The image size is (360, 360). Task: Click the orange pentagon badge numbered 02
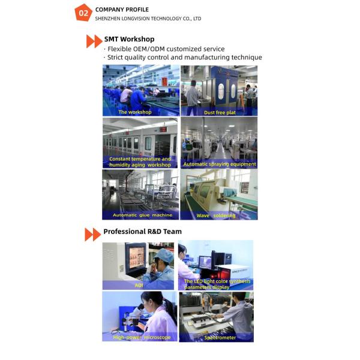[83, 13]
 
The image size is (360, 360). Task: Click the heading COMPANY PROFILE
[122, 10]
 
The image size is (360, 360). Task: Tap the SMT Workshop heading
[129, 39]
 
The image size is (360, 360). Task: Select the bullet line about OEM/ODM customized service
[164, 49]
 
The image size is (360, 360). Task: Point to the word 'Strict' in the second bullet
[117, 57]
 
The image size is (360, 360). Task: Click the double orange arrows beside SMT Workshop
[94, 41]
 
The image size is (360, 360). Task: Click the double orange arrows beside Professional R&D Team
[93, 235]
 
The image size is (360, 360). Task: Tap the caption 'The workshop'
[135, 112]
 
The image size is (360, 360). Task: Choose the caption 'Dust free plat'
[220, 113]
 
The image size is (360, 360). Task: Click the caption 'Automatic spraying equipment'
[220, 164]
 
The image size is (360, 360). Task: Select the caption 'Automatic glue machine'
[142, 215]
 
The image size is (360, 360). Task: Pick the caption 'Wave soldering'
[216, 215]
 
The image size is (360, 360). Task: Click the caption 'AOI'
[139, 285]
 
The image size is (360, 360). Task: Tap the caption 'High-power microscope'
[142, 337]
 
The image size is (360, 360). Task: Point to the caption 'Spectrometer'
[220, 337]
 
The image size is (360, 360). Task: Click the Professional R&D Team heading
[142, 232]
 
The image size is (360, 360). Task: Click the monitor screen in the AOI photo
[137, 257]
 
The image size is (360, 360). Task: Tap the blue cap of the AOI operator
[164, 255]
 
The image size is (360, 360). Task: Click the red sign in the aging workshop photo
[163, 130]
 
